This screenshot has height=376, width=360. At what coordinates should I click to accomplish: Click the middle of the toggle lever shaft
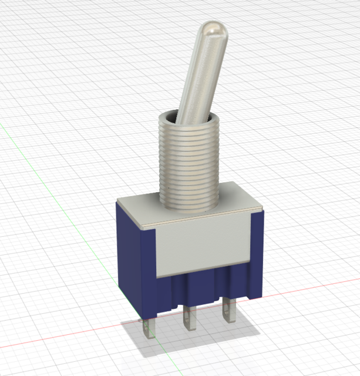(199, 76)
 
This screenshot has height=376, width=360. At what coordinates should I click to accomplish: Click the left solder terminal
(147, 329)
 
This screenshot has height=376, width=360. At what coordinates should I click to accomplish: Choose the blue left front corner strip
(150, 270)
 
